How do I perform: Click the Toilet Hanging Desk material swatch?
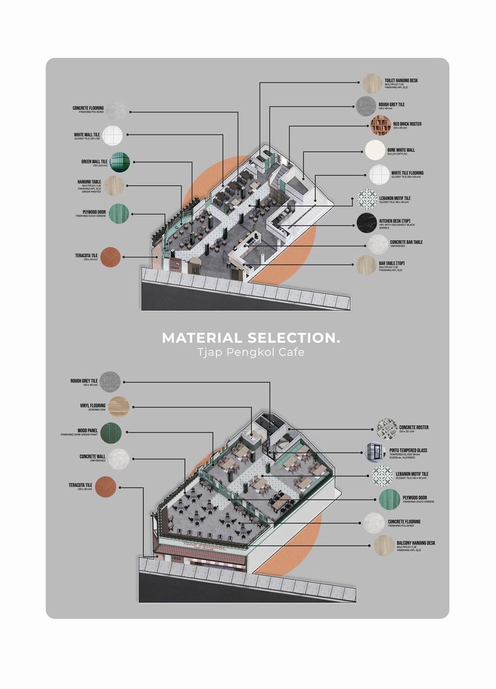pos(372,83)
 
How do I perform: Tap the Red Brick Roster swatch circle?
pos(380,125)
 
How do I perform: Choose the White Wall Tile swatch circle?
pos(113,135)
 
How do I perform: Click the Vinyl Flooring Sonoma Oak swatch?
pos(118,406)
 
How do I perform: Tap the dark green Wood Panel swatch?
pos(110,433)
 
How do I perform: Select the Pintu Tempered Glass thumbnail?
pos(376,452)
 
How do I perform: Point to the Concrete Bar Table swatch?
pos(378,244)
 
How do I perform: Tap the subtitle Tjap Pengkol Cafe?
pos(251,353)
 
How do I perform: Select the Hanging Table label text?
pos(89,182)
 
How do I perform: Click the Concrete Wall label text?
pos(92,457)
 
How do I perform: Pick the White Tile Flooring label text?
pos(407,173)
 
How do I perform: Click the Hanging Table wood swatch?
pos(114,186)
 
